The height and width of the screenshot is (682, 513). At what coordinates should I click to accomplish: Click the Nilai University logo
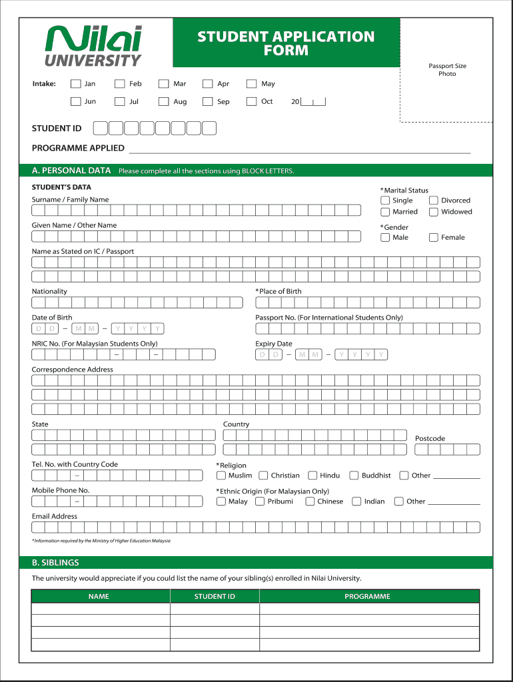pos(93,45)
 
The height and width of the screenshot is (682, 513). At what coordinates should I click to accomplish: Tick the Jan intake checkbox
pos(75,84)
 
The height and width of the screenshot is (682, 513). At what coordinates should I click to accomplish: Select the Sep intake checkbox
pos(207,102)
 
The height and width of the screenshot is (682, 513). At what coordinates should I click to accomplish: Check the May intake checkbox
pos(251,84)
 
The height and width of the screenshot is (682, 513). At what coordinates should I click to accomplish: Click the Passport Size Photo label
pos(447,70)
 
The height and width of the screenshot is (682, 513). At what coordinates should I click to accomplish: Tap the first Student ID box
pos(99,129)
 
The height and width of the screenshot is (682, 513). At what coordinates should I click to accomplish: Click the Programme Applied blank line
pos(299,149)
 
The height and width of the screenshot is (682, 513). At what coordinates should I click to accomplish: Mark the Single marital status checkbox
pos(385,200)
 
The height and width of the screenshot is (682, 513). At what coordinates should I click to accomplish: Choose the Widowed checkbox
pos(434,212)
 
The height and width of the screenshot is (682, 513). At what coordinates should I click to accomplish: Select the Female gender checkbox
pos(434,237)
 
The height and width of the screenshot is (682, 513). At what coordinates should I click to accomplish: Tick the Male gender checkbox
pos(385,237)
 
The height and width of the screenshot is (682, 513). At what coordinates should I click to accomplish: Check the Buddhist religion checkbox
pos(354,476)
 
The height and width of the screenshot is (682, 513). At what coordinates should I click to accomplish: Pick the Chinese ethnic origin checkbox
pos(310,502)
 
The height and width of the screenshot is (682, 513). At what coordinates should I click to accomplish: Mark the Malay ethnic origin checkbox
pos(221,502)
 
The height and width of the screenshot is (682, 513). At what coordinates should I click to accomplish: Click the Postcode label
pos(430,438)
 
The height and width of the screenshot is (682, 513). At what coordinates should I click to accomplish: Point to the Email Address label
pos(55,516)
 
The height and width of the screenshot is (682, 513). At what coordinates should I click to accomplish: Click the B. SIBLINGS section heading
pos(56,563)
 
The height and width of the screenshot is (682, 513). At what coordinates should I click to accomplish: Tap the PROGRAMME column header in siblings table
pos(367,596)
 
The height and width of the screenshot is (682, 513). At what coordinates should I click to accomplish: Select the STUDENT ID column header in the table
pos(215,596)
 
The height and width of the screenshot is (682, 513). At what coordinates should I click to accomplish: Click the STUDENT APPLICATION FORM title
pos(286,43)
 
